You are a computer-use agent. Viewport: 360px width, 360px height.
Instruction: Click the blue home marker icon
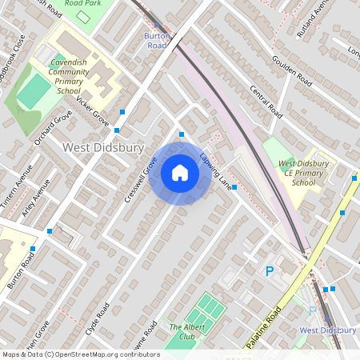(x=180, y=172)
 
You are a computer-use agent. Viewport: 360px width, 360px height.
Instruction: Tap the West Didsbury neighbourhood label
(x=103, y=148)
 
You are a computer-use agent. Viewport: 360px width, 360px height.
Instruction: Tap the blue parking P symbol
(x=270, y=272)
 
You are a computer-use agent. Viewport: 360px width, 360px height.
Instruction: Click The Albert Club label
(x=182, y=331)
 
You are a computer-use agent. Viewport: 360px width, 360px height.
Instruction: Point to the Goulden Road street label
(x=290, y=70)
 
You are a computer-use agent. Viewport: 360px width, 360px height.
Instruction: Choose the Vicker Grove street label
(x=93, y=111)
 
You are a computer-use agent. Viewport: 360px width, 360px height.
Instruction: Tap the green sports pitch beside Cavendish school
(x=33, y=92)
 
